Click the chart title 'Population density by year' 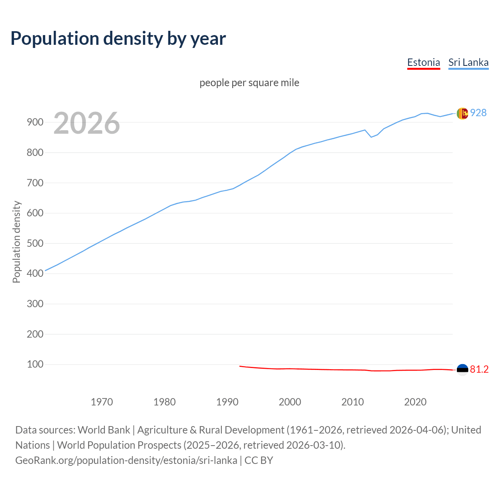[x=118, y=38]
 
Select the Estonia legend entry [x=423, y=62]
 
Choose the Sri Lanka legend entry [x=468, y=62]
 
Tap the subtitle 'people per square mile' [x=249, y=83]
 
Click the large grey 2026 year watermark [x=87, y=123]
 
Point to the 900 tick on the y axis [x=35, y=122]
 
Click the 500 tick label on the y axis [x=35, y=243]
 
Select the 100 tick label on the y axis [x=35, y=365]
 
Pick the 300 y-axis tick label [x=35, y=304]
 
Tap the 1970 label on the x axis [x=102, y=402]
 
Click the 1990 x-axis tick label [x=227, y=402]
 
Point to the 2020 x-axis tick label [x=415, y=402]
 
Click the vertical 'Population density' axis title [x=16, y=242]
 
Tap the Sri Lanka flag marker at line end [x=462, y=113]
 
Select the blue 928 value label [x=478, y=113]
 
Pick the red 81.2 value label [x=479, y=370]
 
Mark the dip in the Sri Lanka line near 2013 [x=371, y=137]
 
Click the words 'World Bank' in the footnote [x=104, y=430]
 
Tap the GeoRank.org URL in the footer [x=126, y=460]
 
